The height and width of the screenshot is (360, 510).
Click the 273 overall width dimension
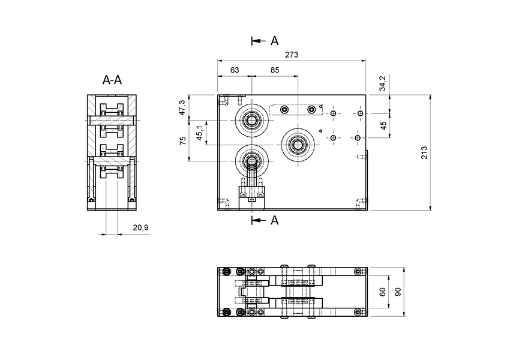click(x=292, y=55)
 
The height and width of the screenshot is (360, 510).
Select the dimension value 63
click(x=235, y=70)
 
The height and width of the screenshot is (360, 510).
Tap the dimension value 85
click(x=275, y=70)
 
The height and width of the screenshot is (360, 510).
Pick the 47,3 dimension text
click(x=182, y=107)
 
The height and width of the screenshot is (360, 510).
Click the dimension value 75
click(x=182, y=140)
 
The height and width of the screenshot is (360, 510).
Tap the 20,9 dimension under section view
click(x=139, y=227)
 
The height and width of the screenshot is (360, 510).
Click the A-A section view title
click(x=112, y=80)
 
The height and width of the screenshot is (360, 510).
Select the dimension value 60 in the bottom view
click(x=382, y=292)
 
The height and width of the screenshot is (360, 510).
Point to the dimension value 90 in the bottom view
click(x=397, y=292)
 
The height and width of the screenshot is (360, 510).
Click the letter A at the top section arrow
click(x=274, y=41)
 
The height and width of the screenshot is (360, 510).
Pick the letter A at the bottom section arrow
click(x=274, y=220)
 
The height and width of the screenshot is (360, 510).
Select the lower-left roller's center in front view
click(x=251, y=160)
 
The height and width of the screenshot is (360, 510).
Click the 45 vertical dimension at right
click(x=383, y=125)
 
